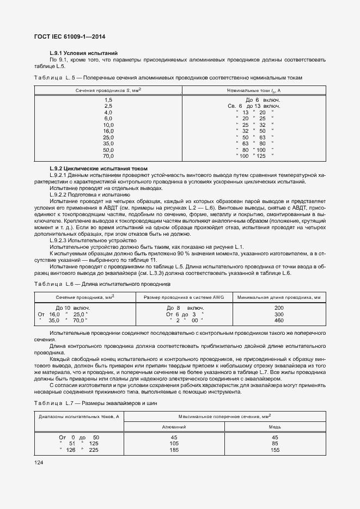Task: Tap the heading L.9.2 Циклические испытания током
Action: pos(98,169)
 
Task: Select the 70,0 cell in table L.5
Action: pos(108,156)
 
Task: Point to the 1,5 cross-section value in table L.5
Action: pos(108,100)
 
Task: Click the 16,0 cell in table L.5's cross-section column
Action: pos(108,131)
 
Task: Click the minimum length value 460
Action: pos(279,321)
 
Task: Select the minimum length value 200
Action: pos(279,308)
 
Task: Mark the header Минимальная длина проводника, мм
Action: pos(279,297)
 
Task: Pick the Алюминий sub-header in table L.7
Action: pos(175,427)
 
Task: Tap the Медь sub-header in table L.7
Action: pos(275,427)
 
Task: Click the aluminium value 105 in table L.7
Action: pos(175,444)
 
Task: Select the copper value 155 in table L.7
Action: pos(275,450)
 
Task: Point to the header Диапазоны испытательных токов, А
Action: pos(79,417)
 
